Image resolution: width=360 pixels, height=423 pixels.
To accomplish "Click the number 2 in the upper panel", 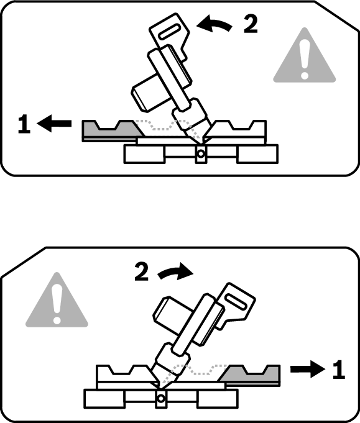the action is click(251, 24).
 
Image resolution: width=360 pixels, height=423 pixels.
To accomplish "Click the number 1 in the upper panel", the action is click(24, 124).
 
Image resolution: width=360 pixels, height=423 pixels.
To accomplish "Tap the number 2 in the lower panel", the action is click(142, 272).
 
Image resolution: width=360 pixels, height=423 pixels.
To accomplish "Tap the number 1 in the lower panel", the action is click(339, 370).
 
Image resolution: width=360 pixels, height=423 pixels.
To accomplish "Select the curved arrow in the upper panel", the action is click(214, 24).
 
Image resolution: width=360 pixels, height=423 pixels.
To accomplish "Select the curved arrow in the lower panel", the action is click(175, 273).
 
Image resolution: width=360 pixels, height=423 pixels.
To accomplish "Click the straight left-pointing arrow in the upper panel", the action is click(54, 124).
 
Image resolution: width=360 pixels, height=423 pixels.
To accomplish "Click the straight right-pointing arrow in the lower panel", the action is click(308, 369).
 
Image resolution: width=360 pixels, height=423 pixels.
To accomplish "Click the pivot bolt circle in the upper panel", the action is click(201, 154).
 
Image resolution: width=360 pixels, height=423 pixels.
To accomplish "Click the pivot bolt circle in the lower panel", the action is click(161, 398).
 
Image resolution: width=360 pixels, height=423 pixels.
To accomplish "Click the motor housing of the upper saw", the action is click(149, 93).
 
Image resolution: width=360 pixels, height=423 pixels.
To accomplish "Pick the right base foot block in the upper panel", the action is click(257, 154).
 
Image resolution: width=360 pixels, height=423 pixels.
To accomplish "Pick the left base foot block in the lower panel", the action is click(104, 398).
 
